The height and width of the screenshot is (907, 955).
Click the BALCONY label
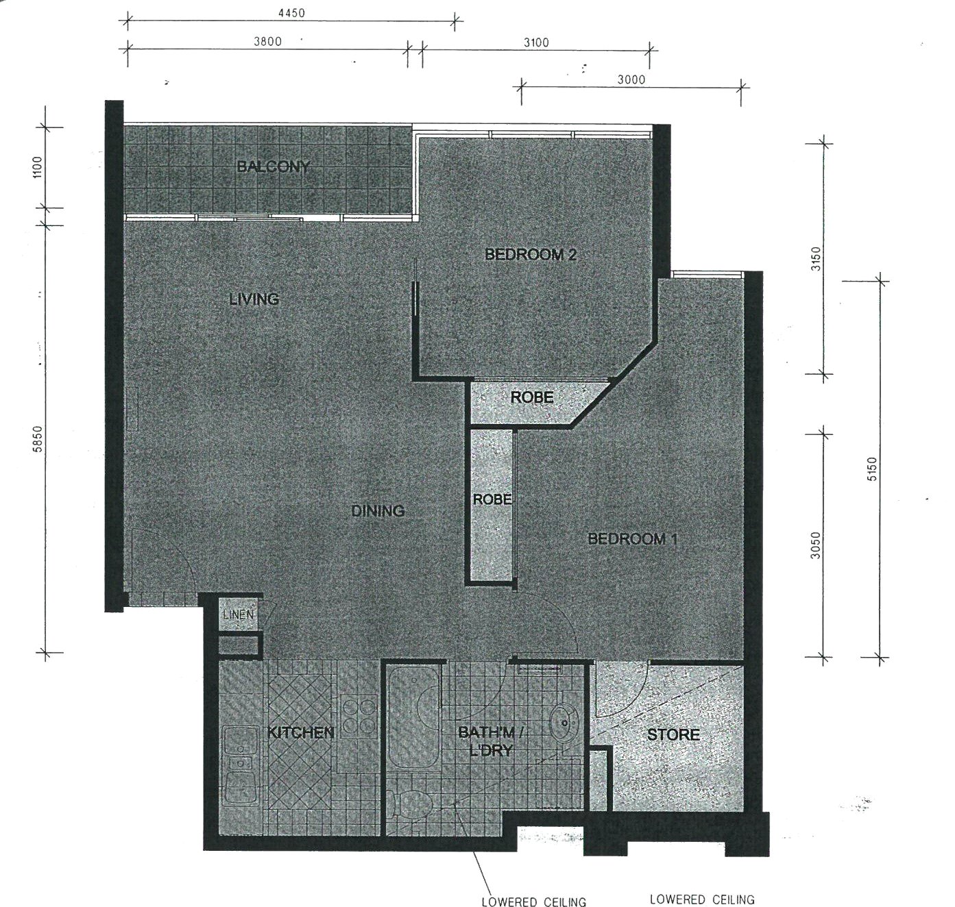274,167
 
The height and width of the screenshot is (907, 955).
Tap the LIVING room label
254,299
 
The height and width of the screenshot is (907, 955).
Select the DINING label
378,511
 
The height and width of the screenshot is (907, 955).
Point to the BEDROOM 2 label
531,254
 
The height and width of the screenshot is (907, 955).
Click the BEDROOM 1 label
633,539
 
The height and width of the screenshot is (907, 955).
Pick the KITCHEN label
301,732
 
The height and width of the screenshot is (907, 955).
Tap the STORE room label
673,734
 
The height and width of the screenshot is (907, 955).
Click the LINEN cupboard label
238,614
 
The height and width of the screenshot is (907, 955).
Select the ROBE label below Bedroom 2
532,397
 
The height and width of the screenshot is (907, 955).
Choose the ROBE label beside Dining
492,499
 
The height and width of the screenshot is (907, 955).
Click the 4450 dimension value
291,13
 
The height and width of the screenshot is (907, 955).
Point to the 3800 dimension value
267,41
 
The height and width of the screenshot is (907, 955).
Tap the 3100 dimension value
536,42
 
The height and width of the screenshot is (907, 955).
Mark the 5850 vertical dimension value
38,438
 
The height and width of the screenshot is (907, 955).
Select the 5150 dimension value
873,469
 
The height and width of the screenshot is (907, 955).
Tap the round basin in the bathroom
564,723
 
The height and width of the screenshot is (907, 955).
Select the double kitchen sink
241,769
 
